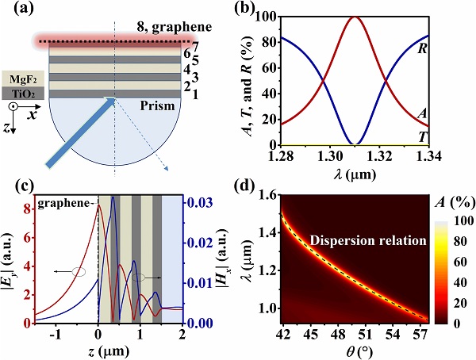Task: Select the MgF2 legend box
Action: coord(24,79)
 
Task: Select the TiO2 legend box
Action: coord(24,94)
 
